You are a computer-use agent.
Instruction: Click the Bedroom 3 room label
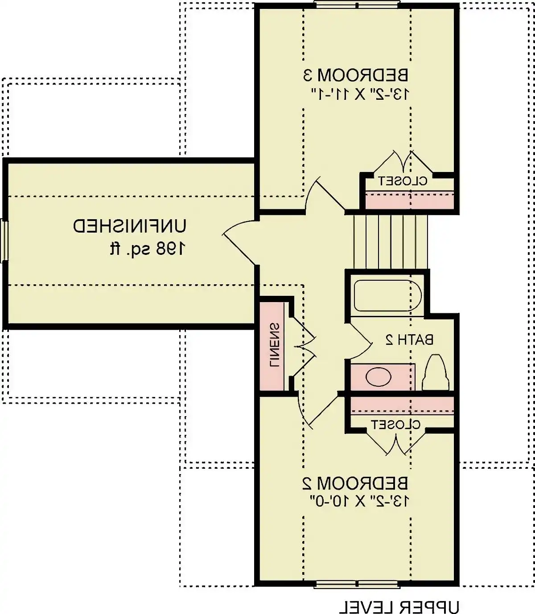pos(356,75)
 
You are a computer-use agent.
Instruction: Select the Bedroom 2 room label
pos(355,483)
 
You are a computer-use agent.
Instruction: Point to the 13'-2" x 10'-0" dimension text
pos(359,501)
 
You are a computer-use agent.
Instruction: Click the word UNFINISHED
pos(130,226)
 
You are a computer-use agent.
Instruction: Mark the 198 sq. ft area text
pos(147,249)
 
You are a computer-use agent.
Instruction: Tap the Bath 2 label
pos(409,340)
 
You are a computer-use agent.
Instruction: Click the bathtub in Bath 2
pos(387,296)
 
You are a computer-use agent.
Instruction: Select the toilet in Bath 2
pos(436,372)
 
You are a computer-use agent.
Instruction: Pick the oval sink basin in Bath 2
pos(379,377)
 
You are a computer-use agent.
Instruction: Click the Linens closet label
pos(275,344)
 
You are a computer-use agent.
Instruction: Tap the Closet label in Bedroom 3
pos(403,181)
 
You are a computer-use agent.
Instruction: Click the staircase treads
pos(390,242)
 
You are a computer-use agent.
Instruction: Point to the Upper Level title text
pos(399,606)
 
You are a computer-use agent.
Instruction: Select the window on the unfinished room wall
pos(4,240)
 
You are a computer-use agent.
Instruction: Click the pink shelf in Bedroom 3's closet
pos(409,200)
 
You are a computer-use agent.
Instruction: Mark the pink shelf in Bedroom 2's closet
pos(402,405)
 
